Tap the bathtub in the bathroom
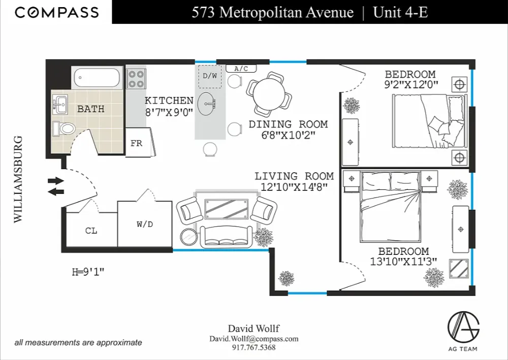coord(97,78)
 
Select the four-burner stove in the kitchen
coord(136,79)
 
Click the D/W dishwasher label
coord(209,76)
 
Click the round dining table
coord(269,92)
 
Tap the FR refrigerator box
coord(137,144)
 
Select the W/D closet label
coord(145,224)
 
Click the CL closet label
coord(91,231)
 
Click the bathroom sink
coord(60,105)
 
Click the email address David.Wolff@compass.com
coord(253,339)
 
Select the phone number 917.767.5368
coord(253,347)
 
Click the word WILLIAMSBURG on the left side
coord(19,179)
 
